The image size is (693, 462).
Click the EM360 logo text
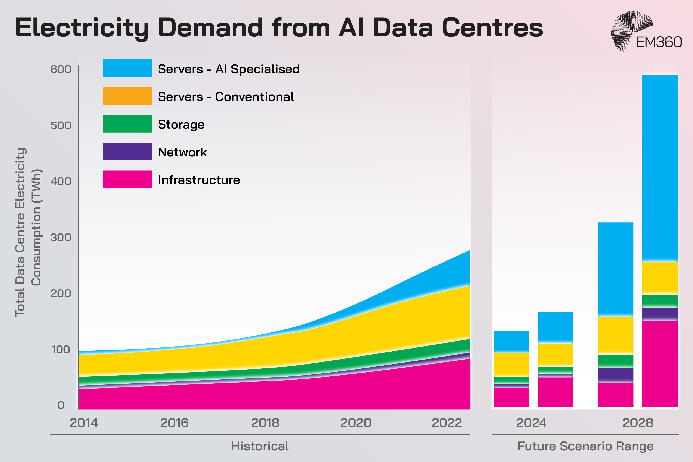pyautogui.click(x=659, y=42)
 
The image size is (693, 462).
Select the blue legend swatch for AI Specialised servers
pyautogui.click(x=127, y=68)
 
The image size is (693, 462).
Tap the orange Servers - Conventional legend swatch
pyautogui.click(x=127, y=96)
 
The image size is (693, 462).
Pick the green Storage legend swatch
pyautogui.click(x=127, y=124)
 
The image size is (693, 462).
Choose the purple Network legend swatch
pyautogui.click(x=127, y=151)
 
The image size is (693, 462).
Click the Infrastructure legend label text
pyautogui.click(x=199, y=180)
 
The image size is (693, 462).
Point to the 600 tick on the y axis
pyautogui.click(x=61, y=69)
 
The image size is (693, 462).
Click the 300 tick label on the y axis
pyautogui.click(x=61, y=237)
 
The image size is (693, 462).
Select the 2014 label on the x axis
pyautogui.click(x=84, y=423)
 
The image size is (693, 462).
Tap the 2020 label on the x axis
pyautogui.click(x=356, y=423)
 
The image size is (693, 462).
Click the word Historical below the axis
pyautogui.click(x=260, y=446)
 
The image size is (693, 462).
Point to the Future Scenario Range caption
pyautogui.click(x=586, y=446)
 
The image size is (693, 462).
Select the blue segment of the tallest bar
pyautogui.click(x=660, y=168)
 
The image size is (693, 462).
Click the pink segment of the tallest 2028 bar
pyautogui.click(x=660, y=364)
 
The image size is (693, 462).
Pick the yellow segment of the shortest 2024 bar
pyautogui.click(x=512, y=365)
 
